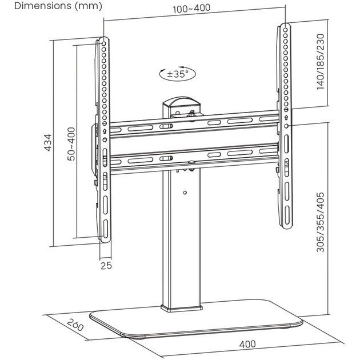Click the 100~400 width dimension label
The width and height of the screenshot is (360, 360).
191,9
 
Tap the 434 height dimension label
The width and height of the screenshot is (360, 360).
48,143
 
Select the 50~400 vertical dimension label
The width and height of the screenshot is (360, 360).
71,144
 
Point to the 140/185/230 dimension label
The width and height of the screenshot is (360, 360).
321,62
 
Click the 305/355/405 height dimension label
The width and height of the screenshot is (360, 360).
321,222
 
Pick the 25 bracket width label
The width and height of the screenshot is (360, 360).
106,266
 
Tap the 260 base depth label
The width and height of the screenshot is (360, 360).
75,325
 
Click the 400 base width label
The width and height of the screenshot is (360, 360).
247,344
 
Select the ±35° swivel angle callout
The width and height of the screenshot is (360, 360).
178,74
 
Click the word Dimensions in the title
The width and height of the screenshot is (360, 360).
43,6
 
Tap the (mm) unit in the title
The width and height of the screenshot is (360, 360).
88,6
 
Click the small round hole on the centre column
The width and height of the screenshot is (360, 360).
185,193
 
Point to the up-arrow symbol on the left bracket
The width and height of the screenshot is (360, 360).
105,131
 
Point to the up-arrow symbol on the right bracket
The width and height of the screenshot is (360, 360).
286,118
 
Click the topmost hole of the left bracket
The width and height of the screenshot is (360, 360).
104,43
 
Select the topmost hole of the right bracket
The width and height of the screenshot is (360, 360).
285,30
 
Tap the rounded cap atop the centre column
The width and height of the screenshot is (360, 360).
181,102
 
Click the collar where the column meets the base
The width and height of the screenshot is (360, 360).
182,309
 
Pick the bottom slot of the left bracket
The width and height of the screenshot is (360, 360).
105,229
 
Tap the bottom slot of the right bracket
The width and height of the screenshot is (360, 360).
287,215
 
